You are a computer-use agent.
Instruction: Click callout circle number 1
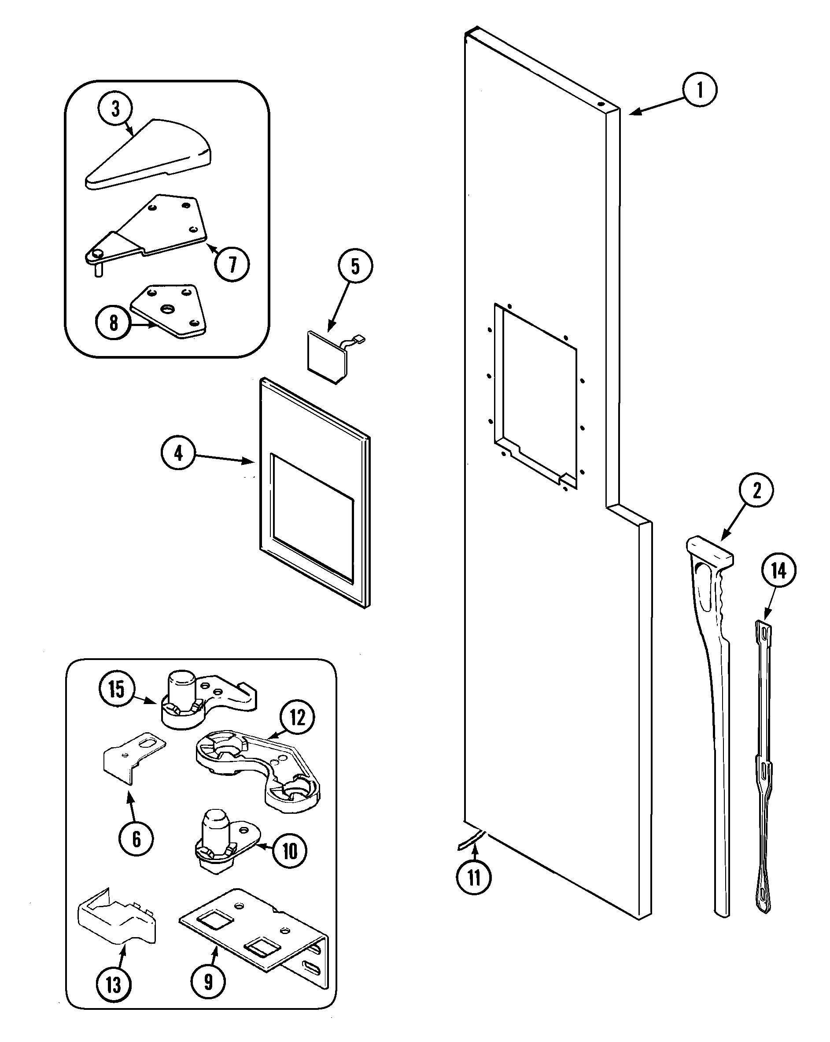pyautogui.click(x=700, y=90)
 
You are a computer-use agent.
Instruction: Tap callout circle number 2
pyautogui.click(x=756, y=490)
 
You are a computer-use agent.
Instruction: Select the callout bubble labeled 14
pyautogui.click(x=778, y=571)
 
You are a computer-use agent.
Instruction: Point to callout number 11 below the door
pyautogui.click(x=473, y=877)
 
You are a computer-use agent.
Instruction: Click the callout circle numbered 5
pyautogui.click(x=355, y=266)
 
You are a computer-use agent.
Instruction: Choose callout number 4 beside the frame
pyautogui.click(x=178, y=453)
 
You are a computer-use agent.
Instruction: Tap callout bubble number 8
pyautogui.click(x=114, y=323)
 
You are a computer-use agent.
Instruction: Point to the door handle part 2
pyautogui.click(x=715, y=677)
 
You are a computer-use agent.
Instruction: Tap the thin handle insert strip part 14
pyautogui.click(x=764, y=768)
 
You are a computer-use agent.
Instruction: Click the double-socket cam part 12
pyautogui.click(x=256, y=766)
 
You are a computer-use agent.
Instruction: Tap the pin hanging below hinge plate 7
pyautogui.click(x=99, y=270)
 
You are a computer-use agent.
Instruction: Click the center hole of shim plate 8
pyautogui.click(x=168, y=308)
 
